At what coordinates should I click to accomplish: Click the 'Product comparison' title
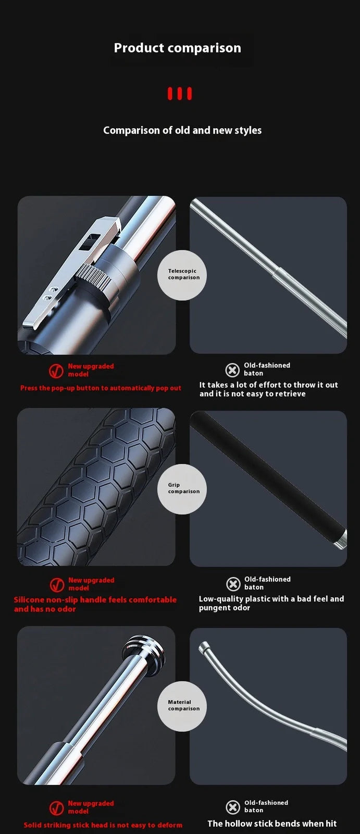click(178, 48)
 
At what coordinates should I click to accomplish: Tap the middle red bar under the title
click(180, 94)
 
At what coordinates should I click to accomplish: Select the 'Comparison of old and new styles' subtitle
click(182, 130)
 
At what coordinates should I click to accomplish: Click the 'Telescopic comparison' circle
click(182, 275)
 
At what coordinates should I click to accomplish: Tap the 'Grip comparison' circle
click(182, 489)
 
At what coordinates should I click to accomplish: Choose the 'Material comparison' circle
click(182, 706)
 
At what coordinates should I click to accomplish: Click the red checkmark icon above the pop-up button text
click(56, 371)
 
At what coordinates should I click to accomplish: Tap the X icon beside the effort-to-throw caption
click(232, 370)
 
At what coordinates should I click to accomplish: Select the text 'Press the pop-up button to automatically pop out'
click(101, 388)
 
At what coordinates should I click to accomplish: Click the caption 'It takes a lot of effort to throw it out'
click(268, 385)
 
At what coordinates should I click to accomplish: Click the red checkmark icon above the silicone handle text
click(57, 585)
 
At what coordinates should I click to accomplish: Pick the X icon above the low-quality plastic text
click(233, 584)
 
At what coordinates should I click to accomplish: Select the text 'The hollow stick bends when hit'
click(272, 824)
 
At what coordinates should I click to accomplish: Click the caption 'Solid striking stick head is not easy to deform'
click(103, 825)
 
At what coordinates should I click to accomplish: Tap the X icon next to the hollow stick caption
click(233, 807)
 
